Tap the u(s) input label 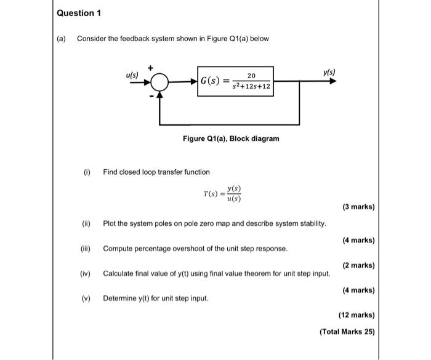132,75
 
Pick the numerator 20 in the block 251,75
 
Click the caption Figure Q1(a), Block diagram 231,138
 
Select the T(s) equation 222,193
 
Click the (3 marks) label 357,207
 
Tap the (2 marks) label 357,265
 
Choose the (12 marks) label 356,314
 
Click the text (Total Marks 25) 347,332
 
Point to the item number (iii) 86,248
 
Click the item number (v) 86,298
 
